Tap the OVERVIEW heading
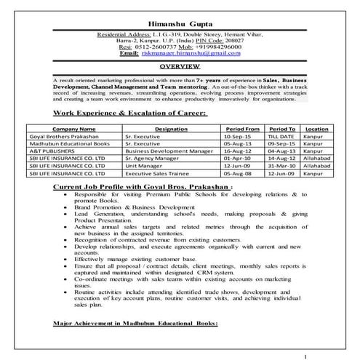coord(179,65)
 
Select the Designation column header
coord(171,128)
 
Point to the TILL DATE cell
coord(281,136)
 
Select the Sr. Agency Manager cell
coord(150,159)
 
